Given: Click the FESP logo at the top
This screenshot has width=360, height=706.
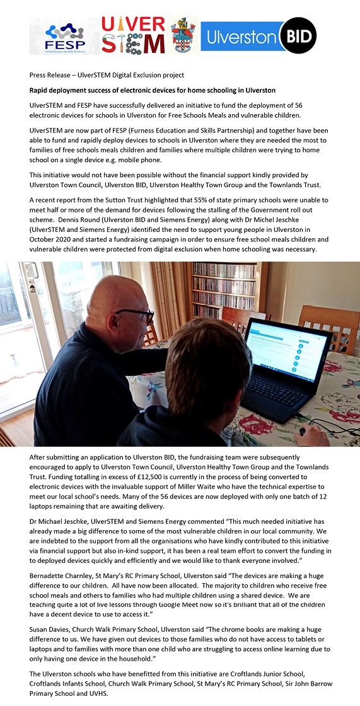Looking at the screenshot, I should pos(63,37).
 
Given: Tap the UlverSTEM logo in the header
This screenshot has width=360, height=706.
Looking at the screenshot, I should pos(133,35).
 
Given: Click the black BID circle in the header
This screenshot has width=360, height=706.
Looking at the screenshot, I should pos(299,35).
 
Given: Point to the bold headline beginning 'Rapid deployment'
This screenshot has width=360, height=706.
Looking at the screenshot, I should pos(153,90).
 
